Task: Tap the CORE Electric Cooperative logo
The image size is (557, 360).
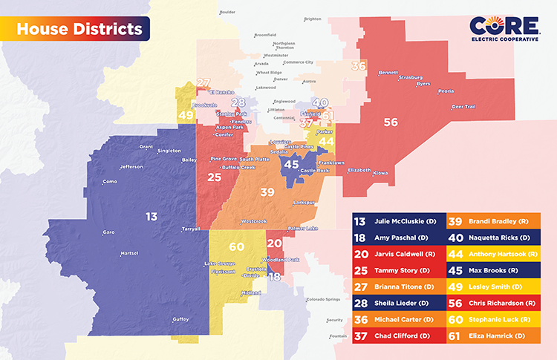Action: pyautogui.click(x=504, y=30)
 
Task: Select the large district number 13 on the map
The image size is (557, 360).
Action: pyautogui.click(x=152, y=217)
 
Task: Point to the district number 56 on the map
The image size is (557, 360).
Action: pyautogui.click(x=391, y=122)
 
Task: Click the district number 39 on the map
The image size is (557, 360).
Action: pyautogui.click(x=267, y=192)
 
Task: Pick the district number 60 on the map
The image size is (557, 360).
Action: pyautogui.click(x=236, y=246)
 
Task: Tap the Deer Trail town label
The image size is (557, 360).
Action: pyautogui.click(x=465, y=106)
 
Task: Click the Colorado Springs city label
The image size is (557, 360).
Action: pyautogui.click(x=328, y=300)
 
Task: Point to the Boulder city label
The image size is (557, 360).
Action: pyautogui.click(x=227, y=12)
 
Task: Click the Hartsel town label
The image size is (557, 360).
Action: pyautogui.click(x=129, y=255)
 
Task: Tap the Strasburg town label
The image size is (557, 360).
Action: pyautogui.click(x=411, y=77)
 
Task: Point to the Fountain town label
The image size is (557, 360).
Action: pyautogui.click(x=338, y=336)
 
